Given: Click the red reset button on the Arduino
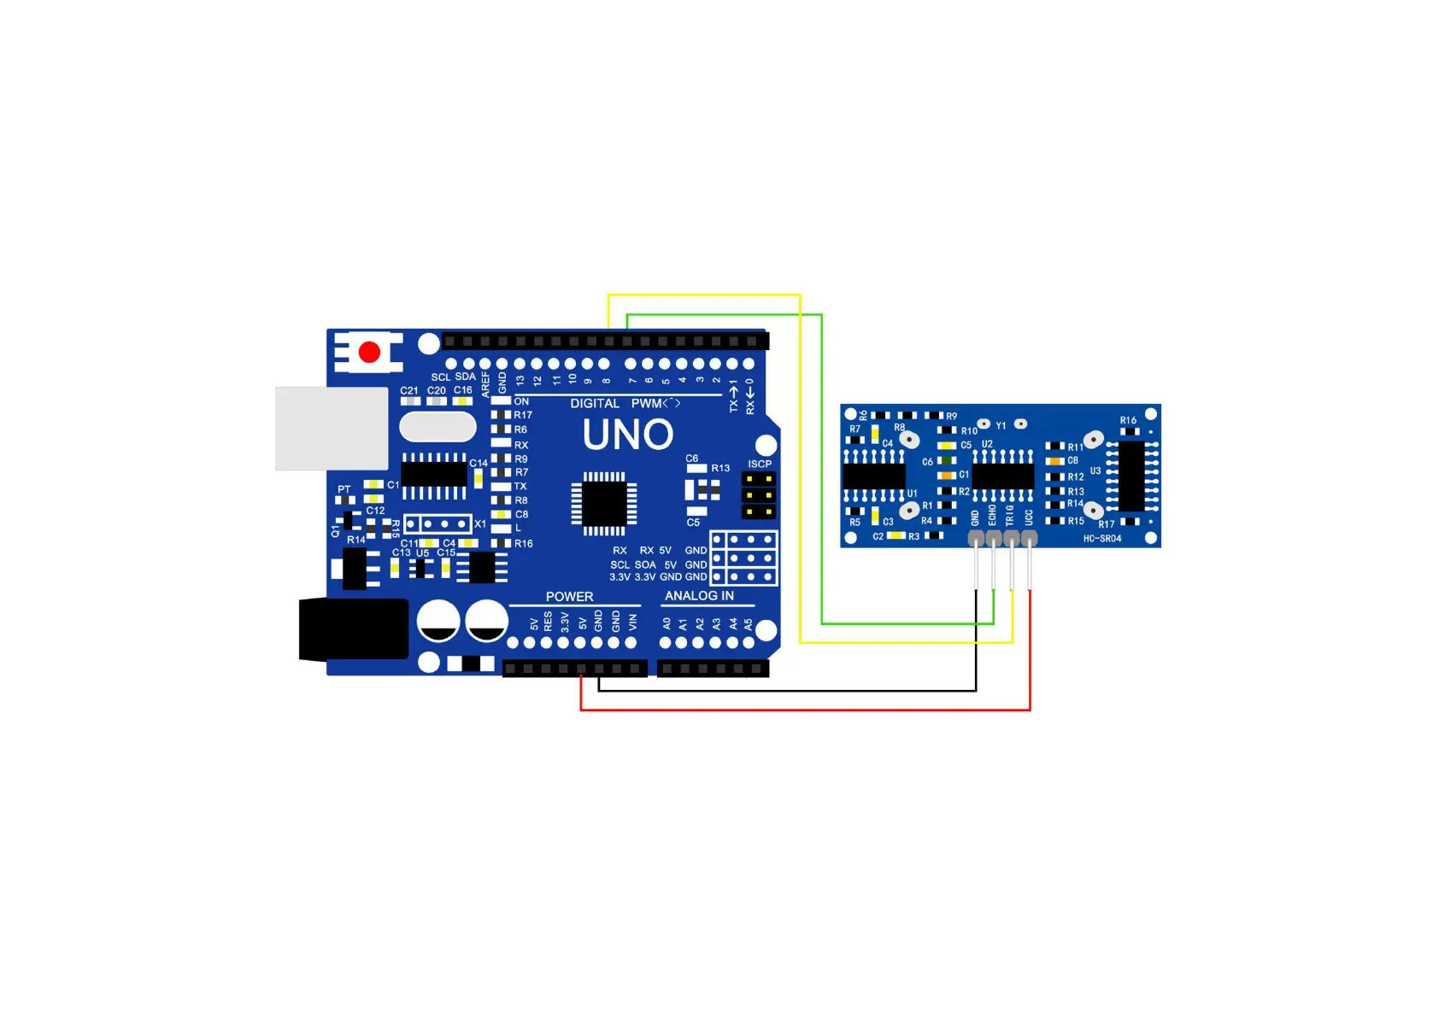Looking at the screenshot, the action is click(369, 352).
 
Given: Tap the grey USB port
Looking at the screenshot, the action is click(332, 428).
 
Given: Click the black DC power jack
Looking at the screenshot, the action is click(353, 629).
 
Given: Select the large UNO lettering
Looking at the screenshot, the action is click(628, 435).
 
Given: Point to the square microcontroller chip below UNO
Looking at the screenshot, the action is click(604, 503).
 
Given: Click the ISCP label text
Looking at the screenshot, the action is click(760, 464).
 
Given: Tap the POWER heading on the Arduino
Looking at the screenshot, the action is click(569, 596).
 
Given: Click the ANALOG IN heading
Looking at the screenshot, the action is click(699, 595).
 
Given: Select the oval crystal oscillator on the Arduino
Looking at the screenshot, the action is click(438, 427).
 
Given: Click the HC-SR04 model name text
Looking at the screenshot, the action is click(1102, 538).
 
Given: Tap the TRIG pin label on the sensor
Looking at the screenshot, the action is click(1010, 516).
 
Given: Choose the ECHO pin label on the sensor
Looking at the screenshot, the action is click(992, 516).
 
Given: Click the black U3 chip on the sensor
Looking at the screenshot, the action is click(1131, 475).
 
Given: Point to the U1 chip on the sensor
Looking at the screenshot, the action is click(873, 476).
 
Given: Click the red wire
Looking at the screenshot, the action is click(803, 709).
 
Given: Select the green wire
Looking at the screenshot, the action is click(821, 470).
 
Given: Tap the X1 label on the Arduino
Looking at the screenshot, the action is click(480, 523).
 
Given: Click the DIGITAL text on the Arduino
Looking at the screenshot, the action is click(595, 403).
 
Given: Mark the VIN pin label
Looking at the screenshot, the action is click(633, 622).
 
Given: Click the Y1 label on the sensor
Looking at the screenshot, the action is click(1001, 425).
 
